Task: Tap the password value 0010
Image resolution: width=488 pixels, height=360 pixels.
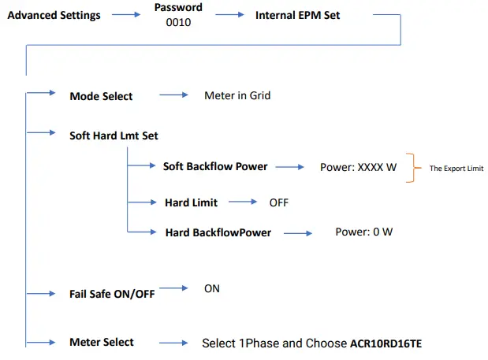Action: (x=178, y=23)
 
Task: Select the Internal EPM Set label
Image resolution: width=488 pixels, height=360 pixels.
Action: (x=298, y=15)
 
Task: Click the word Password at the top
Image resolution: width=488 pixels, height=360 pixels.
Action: (x=178, y=7)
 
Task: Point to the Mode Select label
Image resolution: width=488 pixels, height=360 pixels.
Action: (x=101, y=96)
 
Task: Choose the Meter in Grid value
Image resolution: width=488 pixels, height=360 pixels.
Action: (x=237, y=95)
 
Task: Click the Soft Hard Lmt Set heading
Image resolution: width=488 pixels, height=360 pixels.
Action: (x=114, y=135)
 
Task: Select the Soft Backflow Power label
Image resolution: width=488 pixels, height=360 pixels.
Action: (x=214, y=167)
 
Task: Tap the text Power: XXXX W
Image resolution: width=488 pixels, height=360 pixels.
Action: (x=358, y=168)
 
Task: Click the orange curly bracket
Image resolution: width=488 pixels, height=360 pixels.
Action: (x=409, y=168)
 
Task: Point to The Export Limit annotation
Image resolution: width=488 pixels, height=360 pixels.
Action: (x=456, y=169)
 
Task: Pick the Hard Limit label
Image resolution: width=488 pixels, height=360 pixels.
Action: (x=191, y=202)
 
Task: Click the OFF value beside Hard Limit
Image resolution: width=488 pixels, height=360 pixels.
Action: (x=278, y=202)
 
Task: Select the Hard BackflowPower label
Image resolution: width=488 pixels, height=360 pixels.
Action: (x=218, y=232)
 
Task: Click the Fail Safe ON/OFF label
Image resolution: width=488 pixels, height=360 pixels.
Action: (x=112, y=293)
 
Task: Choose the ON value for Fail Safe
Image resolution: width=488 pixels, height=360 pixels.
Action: (x=211, y=288)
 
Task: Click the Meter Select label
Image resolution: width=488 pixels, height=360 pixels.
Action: (x=102, y=342)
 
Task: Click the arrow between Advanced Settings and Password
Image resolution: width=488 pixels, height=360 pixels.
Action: (x=125, y=16)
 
